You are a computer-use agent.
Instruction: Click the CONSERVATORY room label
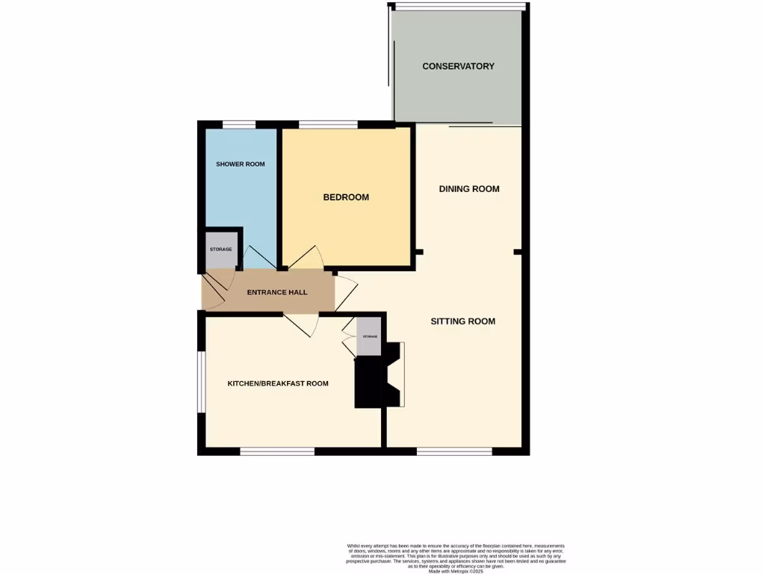pos(458,67)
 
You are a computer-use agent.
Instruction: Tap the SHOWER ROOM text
pos(240,164)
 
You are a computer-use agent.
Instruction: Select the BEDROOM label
pos(346,197)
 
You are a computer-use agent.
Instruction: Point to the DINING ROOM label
pos(468,189)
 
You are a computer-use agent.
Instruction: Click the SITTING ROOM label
pos(462,321)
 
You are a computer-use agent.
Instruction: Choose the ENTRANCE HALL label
pos(277,292)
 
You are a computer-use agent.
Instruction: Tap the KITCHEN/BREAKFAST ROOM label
pos(278,383)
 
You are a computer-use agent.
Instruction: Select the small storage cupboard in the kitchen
pos(370,336)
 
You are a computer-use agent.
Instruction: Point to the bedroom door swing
pos(306,258)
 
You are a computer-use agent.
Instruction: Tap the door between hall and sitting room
pos(344,292)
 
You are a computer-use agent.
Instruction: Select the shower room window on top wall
pos(238,125)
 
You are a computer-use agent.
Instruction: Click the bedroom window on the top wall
pos(327,125)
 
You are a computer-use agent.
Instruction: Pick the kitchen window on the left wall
pos(200,381)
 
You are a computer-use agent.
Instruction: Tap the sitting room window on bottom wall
pos(454,451)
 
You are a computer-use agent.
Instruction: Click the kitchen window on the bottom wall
pos(277,451)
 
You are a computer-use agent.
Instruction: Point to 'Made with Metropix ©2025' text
pos(456,571)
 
